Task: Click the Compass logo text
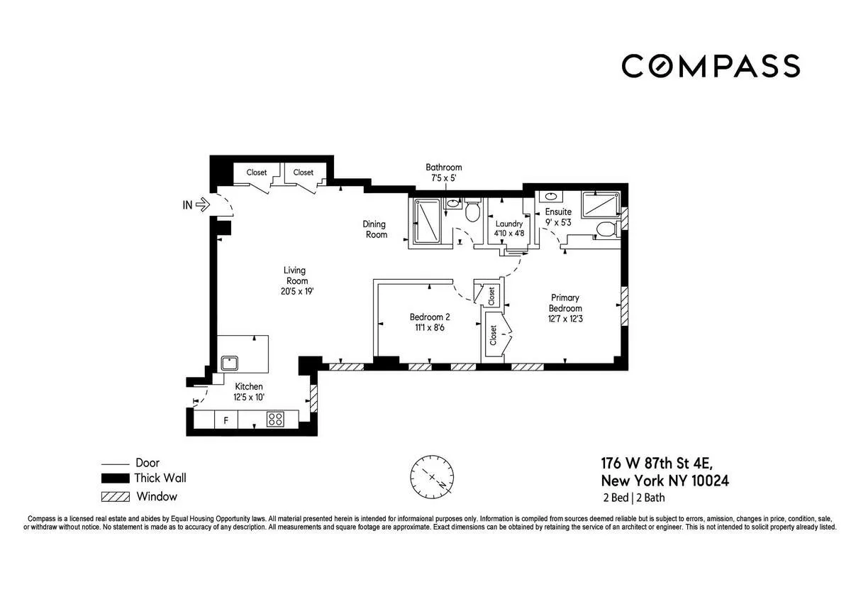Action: click(711, 66)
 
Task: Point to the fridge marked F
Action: click(226, 420)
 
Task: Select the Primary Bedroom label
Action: click(564, 303)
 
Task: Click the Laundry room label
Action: click(508, 223)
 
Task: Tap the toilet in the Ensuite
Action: click(605, 230)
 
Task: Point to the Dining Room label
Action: click(376, 229)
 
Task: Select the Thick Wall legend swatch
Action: click(114, 478)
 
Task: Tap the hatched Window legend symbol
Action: click(114, 497)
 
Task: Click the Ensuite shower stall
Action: click(597, 205)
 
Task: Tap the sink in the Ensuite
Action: click(550, 197)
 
